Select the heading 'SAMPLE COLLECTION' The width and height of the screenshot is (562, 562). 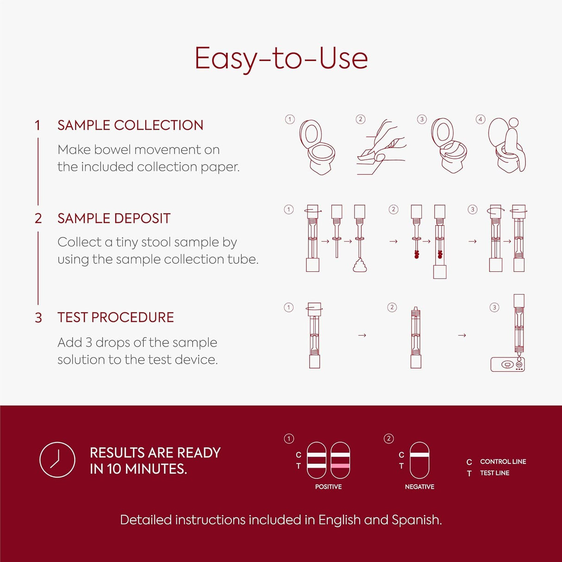click(x=131, y=125)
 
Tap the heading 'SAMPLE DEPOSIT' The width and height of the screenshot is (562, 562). click(x=114, y=219)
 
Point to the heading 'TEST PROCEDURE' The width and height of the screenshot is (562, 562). click(x=115, y=317)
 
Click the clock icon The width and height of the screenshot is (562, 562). click(x=57, y=460)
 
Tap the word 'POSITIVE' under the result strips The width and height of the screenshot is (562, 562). click(x=328, y=487)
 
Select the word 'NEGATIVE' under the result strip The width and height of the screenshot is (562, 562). click(x=420, y=487)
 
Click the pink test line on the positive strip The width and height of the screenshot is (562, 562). click(x=340, y=466)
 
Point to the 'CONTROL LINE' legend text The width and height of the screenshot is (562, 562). click(x=503, y=462)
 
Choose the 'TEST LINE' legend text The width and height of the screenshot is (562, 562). click(x=494, y=473)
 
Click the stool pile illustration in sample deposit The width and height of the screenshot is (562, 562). click(x=360, y=265)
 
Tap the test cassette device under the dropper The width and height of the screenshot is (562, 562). click(x=508, y=364)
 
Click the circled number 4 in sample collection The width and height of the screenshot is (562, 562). click(x=481, y=119)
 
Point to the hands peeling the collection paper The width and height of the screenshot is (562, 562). click(x=381, y=147)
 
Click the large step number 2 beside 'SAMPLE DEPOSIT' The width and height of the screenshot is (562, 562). click(x=38, y=219)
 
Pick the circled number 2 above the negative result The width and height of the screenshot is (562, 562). click(x=389, y=439)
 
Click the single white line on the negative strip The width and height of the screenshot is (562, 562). click(x=419, y=455)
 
